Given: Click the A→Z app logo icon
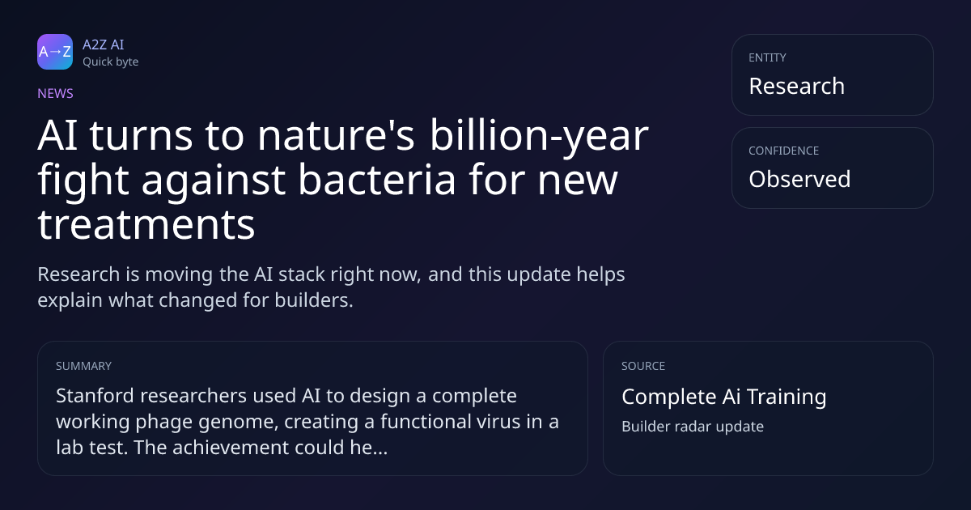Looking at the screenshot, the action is click(x=55, y=52).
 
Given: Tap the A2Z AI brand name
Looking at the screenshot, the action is click(x=104, y=45).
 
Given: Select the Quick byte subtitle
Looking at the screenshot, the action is click(x=111, y=62).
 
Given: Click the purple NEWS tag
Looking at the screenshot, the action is click(x=55, y=93).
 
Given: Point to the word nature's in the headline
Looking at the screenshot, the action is click(x=336, y=135).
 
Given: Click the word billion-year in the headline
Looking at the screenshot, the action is click(x=539, y=137).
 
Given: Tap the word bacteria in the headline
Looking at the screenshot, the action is click(x=377, y=179).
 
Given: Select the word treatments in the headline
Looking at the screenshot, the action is click(x=146, y=225).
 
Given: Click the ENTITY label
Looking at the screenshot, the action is click(x=767, y=57).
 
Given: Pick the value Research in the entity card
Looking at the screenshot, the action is click(x=797, y=86).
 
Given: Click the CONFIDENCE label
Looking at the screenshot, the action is click(x=784, y=151).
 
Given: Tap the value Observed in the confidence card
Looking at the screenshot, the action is click(x=799, y=179).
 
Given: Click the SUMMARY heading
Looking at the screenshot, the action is click(x=83, y=366).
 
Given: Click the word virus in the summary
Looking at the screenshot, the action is click(x=496, y=422).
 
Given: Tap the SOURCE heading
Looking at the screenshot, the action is click(x=643, y=366).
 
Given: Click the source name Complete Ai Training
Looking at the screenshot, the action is click(x=724, y=397).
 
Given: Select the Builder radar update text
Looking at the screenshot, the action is click(x=693, y=427).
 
